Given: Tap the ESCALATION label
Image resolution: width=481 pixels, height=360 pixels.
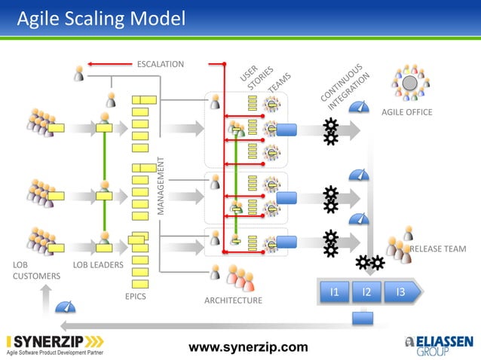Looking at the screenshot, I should point(160,63).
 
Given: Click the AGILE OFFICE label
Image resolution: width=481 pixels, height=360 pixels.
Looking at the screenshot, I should point(406,111).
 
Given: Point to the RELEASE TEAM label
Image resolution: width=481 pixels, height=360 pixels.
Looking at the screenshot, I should point(437,249).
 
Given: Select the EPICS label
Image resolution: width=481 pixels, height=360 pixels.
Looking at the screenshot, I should point(135,296).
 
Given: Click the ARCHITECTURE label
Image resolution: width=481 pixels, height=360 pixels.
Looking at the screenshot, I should point(233,301).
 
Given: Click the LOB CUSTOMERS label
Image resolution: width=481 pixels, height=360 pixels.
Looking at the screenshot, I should point(35,271).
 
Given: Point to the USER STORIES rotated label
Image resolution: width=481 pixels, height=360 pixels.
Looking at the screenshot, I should point(255,78).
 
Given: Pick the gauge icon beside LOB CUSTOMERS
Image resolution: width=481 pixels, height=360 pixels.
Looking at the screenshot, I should point(67,307).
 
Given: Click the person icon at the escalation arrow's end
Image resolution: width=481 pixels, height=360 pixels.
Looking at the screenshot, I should point(79,72).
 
